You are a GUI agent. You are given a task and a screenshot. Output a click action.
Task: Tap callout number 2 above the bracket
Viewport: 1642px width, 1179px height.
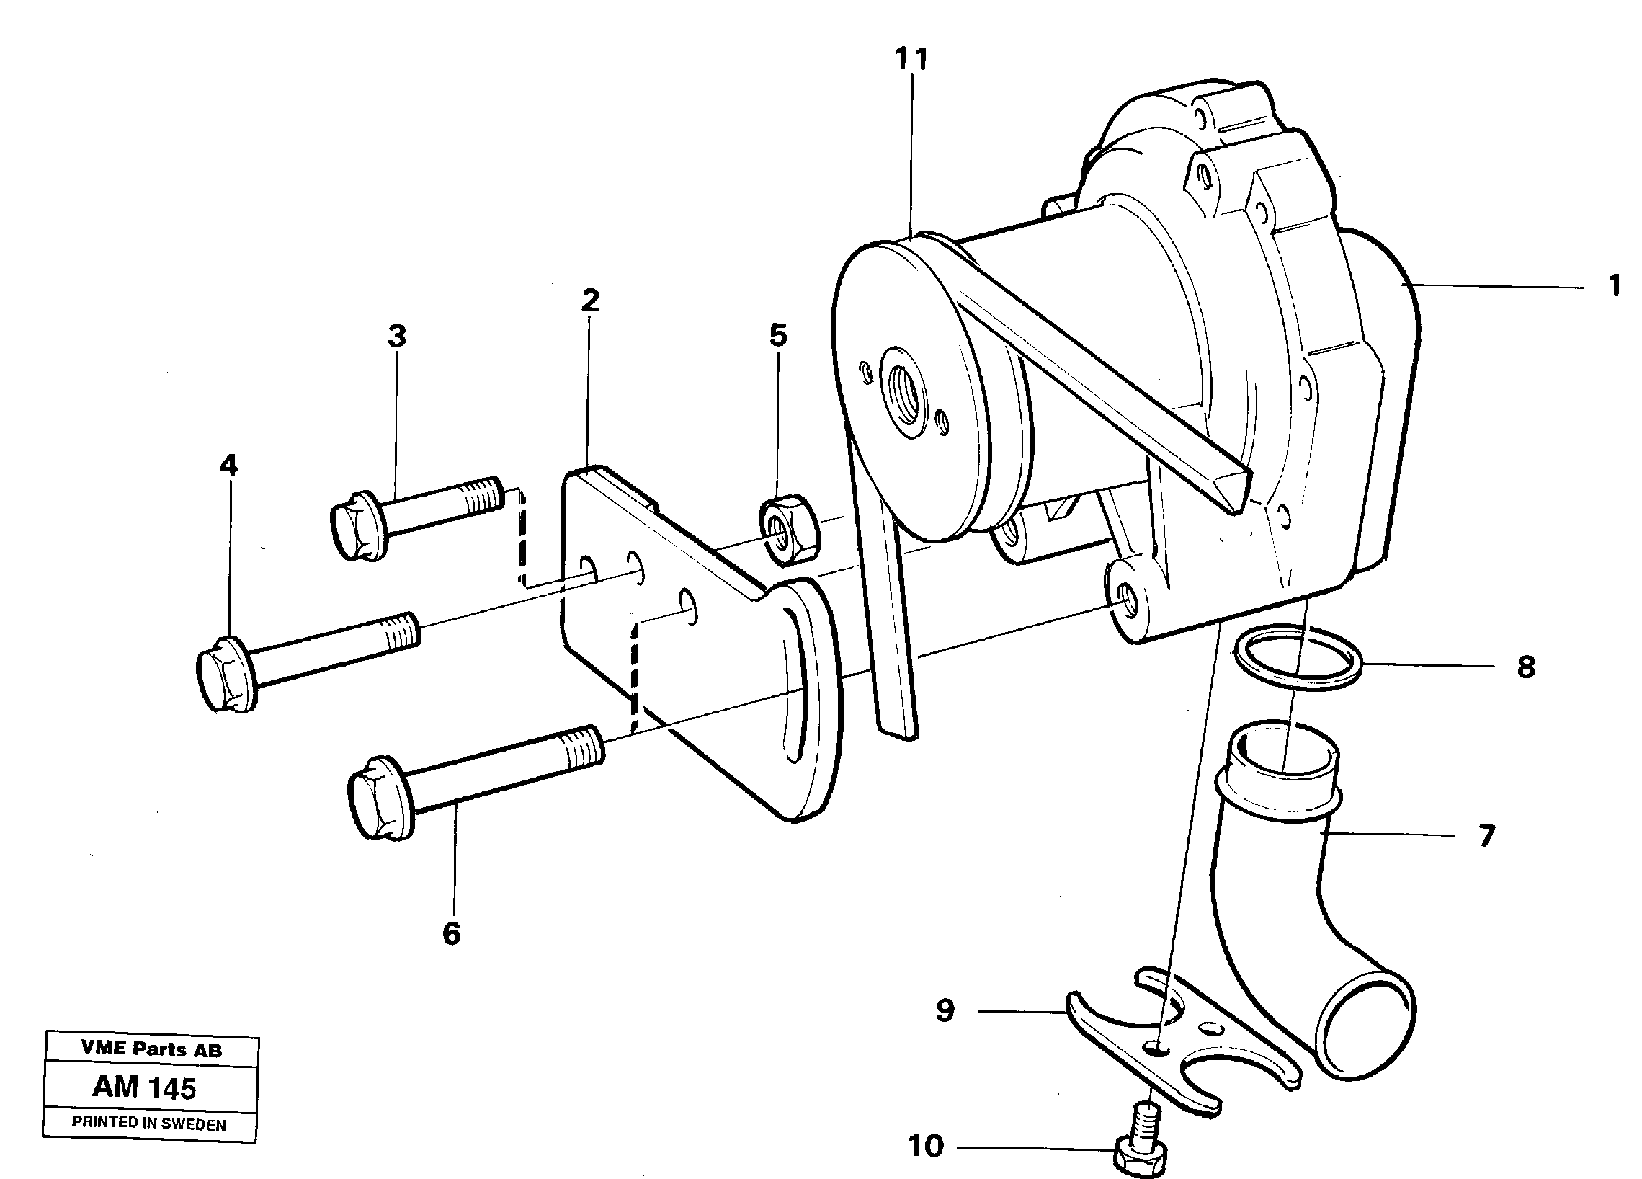[x=590, y=300]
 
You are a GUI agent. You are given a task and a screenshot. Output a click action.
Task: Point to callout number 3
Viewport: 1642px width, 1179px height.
[x=397, y=337]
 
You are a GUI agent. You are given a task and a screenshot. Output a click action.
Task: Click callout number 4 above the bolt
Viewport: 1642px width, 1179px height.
[x=228, y=466]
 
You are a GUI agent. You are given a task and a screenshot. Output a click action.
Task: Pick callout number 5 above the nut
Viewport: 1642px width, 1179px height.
[x=777, y=335]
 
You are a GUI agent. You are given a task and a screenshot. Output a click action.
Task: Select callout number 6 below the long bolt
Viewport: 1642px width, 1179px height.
[x=451, y=934]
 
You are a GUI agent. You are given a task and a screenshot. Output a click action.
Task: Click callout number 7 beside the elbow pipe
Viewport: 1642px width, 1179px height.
[x=1486, y=836]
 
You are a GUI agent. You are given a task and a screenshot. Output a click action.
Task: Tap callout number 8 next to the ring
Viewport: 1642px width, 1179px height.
[x=1526, y=667]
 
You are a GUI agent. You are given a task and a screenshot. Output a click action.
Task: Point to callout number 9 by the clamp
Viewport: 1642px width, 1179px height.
[x=945, y=1011]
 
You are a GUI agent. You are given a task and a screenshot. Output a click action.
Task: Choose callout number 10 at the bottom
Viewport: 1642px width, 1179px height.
[x=926, y=1147]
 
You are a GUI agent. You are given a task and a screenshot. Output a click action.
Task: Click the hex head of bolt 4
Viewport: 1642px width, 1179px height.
[x=223, y=673]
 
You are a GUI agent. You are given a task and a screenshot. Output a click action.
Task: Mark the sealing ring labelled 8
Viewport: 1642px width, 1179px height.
[x=1297, y=659]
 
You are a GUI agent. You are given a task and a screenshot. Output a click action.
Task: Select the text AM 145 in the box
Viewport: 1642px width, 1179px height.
[x=145, y=1088]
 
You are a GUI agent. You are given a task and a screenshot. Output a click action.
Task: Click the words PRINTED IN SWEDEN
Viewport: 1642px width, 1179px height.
[x=148, y=1124]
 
